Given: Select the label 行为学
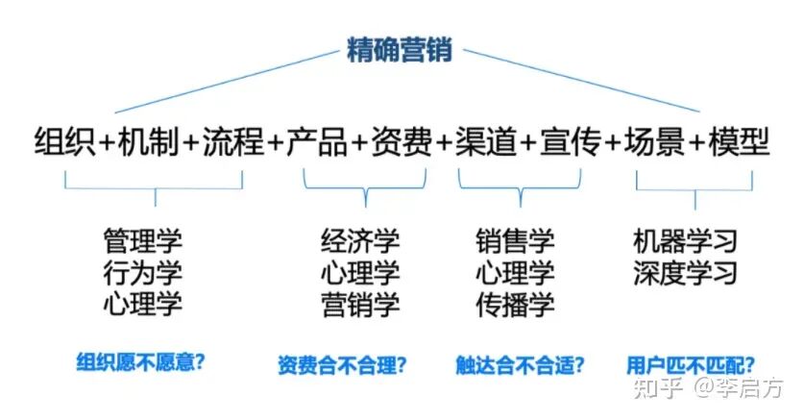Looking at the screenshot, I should [142, 272].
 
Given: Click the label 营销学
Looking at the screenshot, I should [360, 305].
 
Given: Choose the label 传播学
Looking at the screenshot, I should [515, 305].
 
